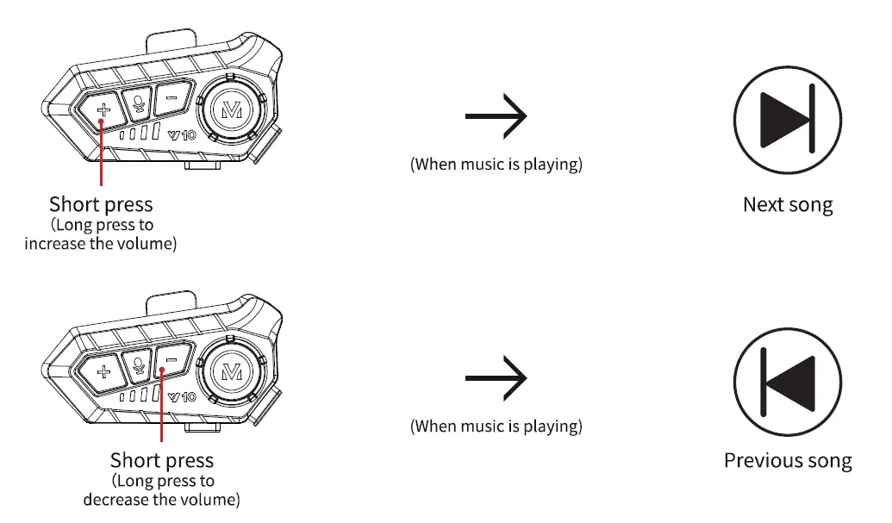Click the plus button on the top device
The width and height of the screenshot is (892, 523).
click(x=103, y=109)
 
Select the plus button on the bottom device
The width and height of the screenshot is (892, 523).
click(x=103, y=372)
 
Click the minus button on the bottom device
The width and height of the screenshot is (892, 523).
click(x=171, y=361)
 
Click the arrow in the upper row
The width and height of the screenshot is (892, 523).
click(x=496, y=115)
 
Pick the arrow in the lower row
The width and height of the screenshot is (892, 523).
click(x=496, y=378)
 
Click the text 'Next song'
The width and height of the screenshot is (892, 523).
click(x=788, y=205)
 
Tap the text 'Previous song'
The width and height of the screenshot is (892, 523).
click(x=788, y=461)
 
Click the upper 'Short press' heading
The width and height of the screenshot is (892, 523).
click(x=101, y=205)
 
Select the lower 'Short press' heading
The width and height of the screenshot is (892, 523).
click(x=162, y=461)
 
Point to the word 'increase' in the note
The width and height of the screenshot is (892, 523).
click(x=54, y=244)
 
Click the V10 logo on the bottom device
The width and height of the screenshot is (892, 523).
click(x=182, y=396)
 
